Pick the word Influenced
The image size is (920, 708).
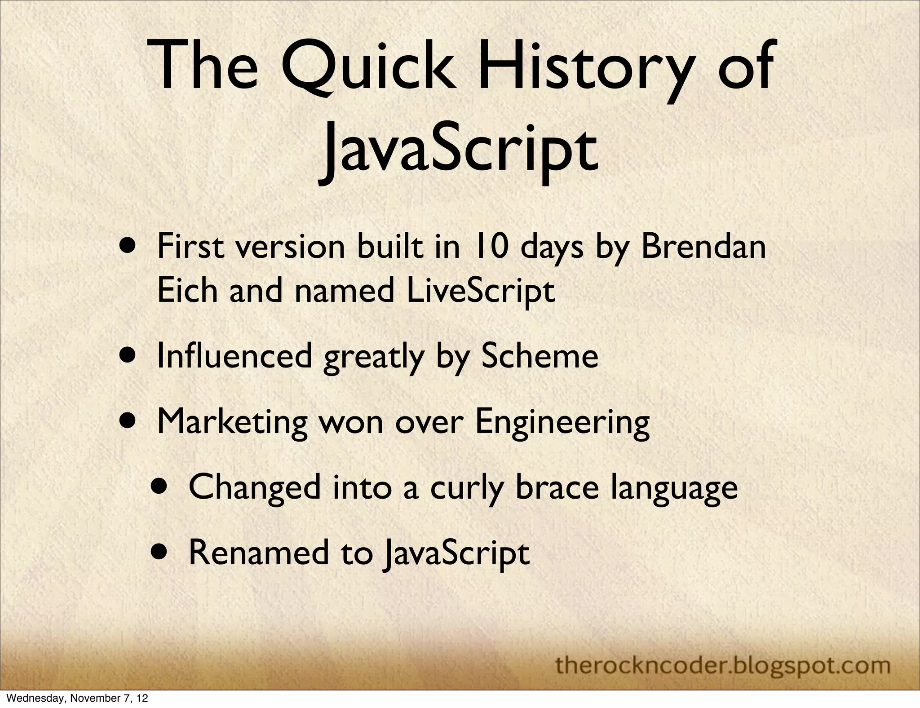click(234, 356)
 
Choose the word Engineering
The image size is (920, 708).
click(562, 422)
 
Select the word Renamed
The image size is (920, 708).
click(258, 553)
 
